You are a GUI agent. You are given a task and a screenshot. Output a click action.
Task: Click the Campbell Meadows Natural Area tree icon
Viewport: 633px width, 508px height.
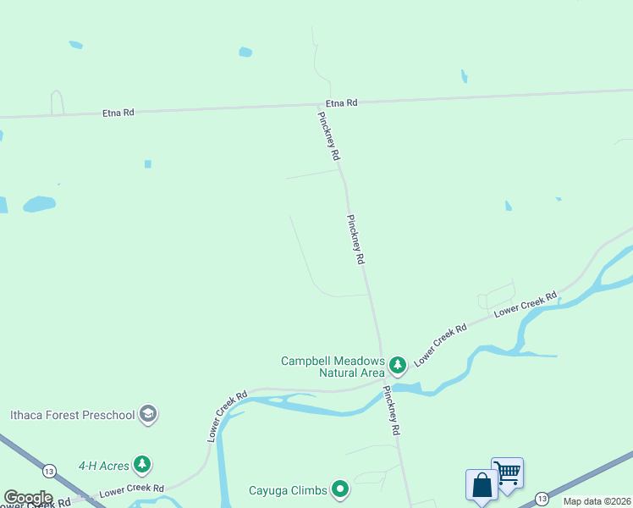[x=398, y=366]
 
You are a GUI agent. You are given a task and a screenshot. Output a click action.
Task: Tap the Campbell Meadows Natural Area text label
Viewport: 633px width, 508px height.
[x=333, y=366]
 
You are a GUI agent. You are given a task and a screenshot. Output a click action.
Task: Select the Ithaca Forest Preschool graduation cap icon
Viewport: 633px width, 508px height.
[x=148, y=415]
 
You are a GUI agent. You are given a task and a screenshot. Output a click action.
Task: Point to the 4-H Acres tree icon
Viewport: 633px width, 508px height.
[x=144, y=464]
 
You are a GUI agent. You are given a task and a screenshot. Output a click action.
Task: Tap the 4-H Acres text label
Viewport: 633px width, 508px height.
[x=103, y=465]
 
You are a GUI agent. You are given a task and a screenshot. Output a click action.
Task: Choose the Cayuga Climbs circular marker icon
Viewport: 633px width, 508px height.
[x=340, y=489]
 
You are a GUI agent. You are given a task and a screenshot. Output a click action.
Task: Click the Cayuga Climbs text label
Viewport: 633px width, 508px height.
[x=288, y=489]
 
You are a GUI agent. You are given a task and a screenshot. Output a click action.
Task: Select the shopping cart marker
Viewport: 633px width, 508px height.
[x=508, y=472]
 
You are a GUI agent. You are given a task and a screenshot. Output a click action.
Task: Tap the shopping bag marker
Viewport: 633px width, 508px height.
[x=482, y=485]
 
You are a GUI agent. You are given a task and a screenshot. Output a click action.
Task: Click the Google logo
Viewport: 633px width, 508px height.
[x=28, y=497]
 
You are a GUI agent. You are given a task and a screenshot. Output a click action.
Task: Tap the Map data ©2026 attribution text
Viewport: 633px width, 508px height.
[x=597, y=501]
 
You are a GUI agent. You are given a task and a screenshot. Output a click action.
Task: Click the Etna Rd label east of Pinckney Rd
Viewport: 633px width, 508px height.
[x=342, y=102]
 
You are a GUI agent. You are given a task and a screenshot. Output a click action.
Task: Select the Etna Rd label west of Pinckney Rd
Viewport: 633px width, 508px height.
[x=118, y=112]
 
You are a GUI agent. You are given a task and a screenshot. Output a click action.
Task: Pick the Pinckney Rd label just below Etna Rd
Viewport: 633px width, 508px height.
[x=328, y=136]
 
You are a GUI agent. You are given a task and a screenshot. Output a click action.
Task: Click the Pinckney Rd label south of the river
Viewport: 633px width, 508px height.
[x=390, y=411]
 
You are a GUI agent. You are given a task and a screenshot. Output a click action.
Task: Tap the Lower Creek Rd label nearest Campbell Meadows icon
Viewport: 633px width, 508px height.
[x=440, y=340]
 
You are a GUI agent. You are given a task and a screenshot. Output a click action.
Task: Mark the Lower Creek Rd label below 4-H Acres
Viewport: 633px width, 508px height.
[x=131, y=490]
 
